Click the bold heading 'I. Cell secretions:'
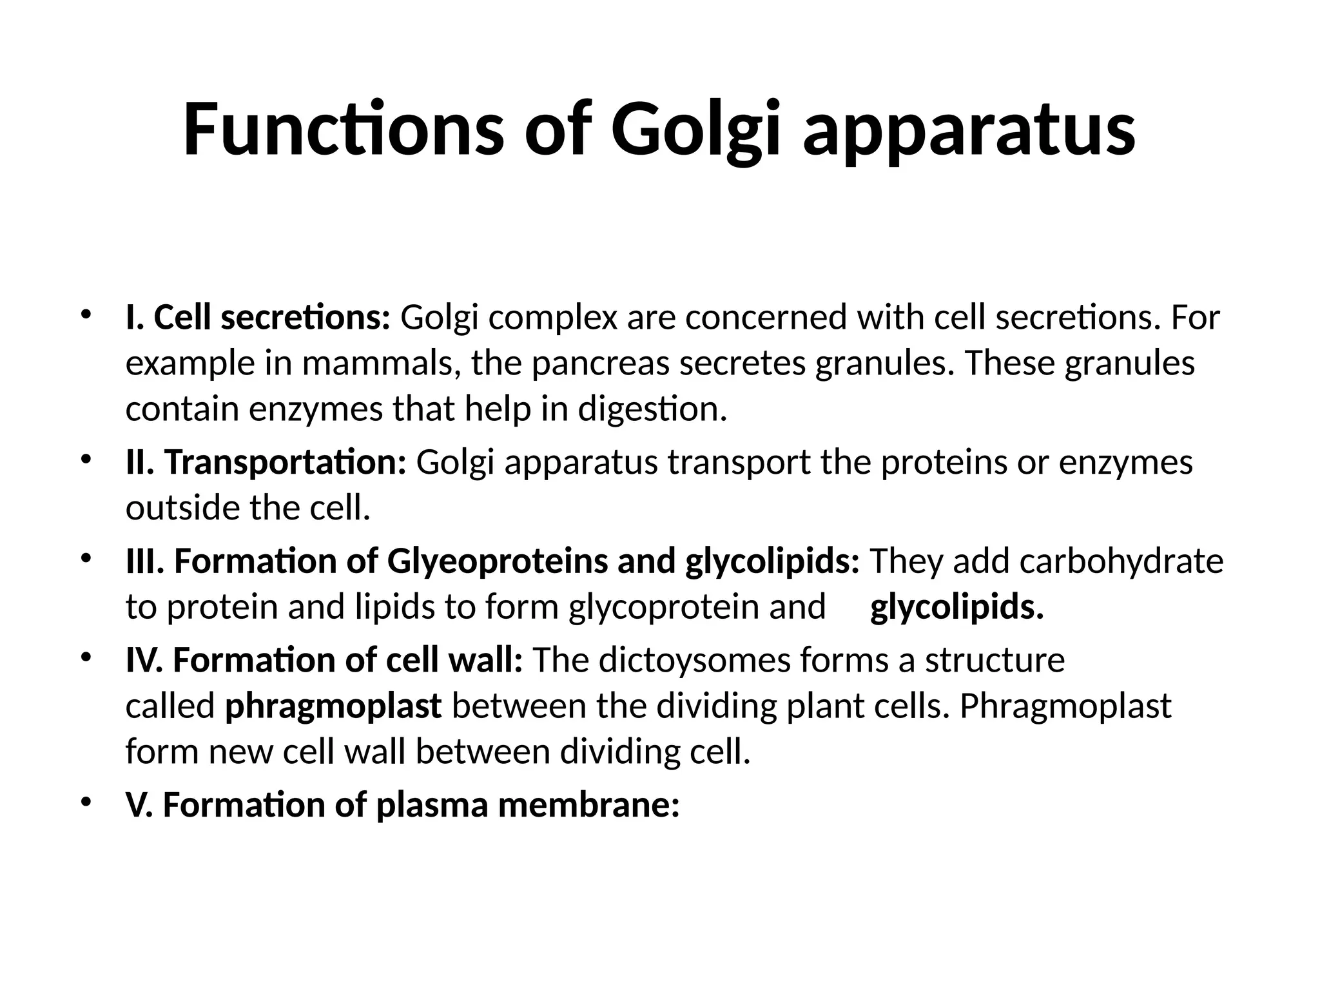point(258,318)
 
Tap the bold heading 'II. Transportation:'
point(266,463)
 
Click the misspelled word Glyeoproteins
point(497,561)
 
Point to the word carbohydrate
point(1121,561)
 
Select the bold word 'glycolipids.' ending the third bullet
point(956,607)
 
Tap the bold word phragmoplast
point(333,706)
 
